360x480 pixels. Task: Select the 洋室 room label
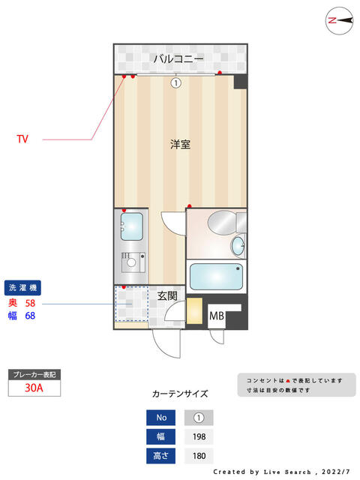(x=179, y=144)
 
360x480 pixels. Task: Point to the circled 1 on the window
(x=175, y=83)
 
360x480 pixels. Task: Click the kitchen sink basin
(x=132, y=225)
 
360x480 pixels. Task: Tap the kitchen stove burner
(x=132, y=262)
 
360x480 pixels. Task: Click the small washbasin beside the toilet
(x=238, y=244)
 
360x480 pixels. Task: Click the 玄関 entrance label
(x=167, y=295)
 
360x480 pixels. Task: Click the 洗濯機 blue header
(x=24, y=287)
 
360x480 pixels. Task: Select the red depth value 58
(x=31, y=303)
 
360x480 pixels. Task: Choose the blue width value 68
(x=31, y=316)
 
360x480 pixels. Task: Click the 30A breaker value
(x=33, y=388)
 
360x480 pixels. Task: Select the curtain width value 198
(x=199, y=437)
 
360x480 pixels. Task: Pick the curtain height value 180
(x=199, y=456)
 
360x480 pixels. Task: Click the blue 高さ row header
(x=161, y=456)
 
